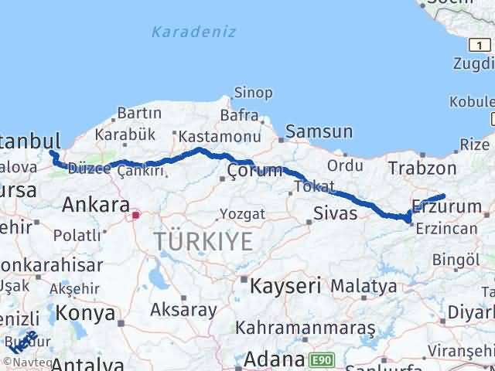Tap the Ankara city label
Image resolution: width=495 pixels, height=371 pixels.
[x=95, y=206]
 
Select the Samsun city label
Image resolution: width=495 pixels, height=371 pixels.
[x=319, y=132]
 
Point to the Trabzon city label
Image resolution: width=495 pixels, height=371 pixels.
[x=422, y=168]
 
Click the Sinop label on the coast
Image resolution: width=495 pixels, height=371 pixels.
[x=253, y=94]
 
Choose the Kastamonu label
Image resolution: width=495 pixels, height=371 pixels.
[x=209, y=136]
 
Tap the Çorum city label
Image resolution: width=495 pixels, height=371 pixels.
[x=254, y=170]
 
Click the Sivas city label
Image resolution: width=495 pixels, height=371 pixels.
[x=335, y=213]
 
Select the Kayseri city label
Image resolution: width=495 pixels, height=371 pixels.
[x=285, y=286]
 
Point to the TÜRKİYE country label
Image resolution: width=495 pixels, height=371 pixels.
[x=203, y=242]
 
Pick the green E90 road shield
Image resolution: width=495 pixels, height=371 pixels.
[x=321, y=361]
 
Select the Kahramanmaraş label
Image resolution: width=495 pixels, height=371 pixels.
[x=306, y=328]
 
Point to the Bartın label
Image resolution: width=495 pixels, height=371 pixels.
[x=138, y=114]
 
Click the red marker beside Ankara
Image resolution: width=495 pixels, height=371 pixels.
[x=136, y=215]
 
